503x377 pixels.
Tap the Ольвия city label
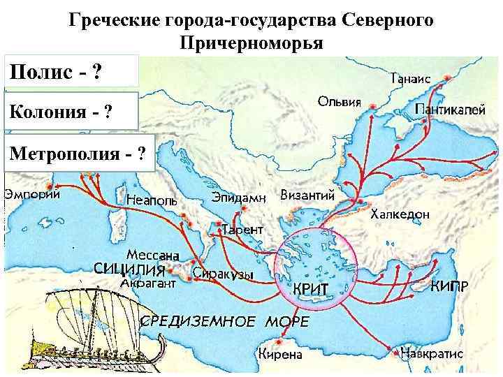click(x=340, y=103)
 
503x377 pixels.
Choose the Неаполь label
click(x=152, y=200)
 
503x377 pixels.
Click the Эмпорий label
click(x=31, y=195)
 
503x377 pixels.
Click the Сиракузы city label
click(x=222, y=274)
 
